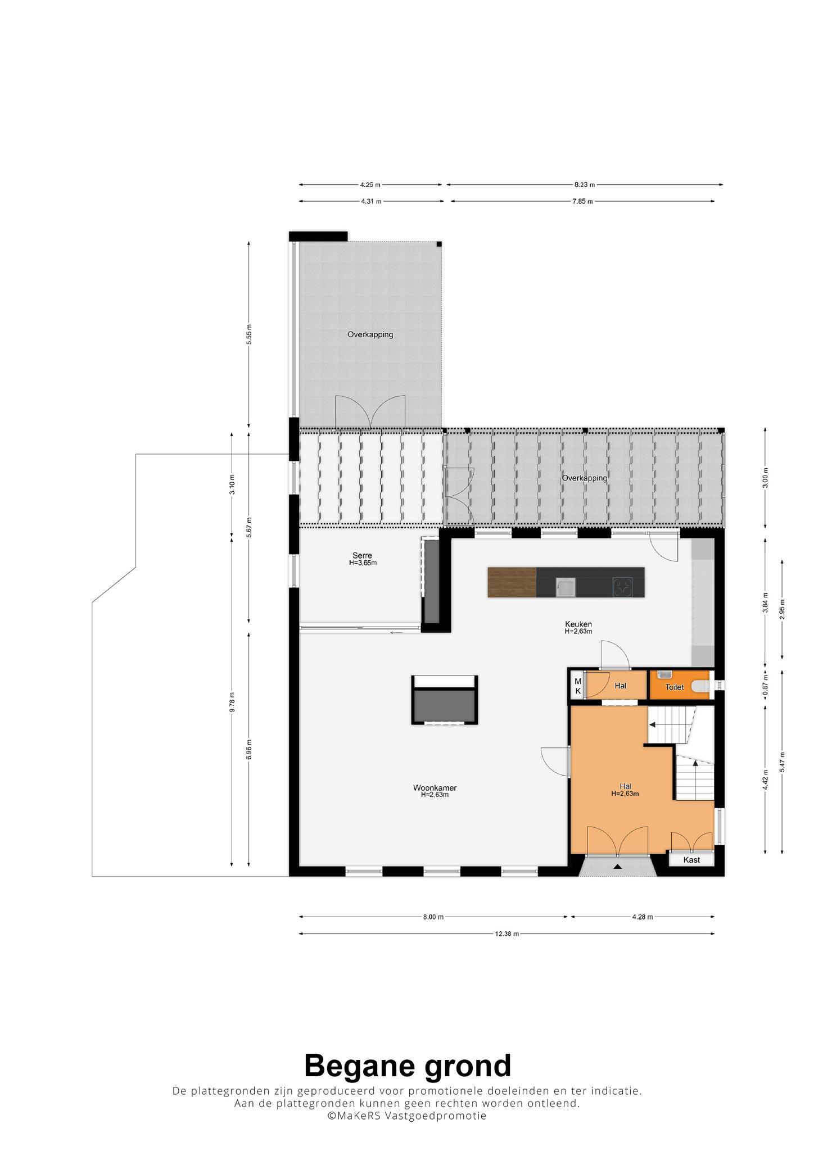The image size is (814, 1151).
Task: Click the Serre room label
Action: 363,556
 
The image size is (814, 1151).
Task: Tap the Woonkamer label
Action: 435,788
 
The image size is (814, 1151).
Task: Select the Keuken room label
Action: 578,624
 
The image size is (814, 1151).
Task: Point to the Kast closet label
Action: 691,860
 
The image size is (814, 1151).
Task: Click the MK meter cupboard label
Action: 577,686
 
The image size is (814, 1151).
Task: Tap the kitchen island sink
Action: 564,587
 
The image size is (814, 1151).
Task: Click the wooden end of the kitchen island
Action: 512,582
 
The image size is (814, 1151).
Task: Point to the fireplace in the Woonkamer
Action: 445,700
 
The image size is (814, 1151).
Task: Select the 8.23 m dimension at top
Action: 585,184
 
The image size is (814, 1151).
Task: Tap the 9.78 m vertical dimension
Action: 232,703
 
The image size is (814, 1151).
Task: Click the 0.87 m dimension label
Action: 765,685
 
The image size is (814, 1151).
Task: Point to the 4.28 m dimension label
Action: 643,917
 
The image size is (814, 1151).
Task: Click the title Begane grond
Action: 408,1066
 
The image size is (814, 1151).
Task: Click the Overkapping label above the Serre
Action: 370,334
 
